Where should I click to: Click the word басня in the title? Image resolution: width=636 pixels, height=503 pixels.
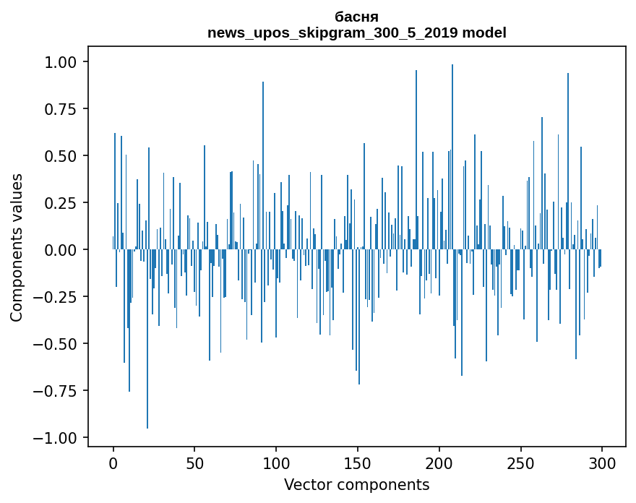coord(356,17)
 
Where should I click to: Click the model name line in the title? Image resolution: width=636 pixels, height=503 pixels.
coord(356,33)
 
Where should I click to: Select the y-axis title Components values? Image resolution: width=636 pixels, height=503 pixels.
coord(17,247)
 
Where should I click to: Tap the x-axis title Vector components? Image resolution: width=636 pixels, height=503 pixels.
coord(356,485)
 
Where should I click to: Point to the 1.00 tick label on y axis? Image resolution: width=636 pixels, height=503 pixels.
coord(66,62)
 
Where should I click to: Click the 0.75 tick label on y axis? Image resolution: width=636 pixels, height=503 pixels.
coord(66,109)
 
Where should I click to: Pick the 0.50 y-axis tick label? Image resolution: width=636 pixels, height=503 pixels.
coord(66,156)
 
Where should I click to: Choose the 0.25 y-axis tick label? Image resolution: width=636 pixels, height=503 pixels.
coord(66,203)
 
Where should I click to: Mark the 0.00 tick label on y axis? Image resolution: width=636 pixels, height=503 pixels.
coord(66,250)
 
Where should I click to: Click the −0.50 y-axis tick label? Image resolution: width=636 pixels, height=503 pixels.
coord(61,344)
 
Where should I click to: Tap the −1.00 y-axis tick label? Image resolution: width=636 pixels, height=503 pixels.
coord(61,438)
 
